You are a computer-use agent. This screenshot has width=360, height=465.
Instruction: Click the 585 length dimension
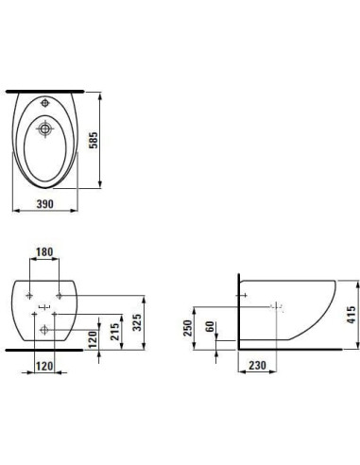[94, 140]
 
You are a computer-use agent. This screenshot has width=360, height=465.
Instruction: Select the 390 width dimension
[45, 204]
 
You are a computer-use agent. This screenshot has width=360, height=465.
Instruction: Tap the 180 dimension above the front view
[44, 252]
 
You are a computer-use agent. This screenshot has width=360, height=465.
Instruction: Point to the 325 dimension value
[137, 322]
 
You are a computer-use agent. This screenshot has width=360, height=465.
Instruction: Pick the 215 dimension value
[115, 332]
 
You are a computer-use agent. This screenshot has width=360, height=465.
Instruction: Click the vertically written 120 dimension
[93, 339]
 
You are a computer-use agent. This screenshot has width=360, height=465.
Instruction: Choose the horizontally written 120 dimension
[44, 366]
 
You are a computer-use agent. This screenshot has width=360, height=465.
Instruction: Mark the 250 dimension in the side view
[188, 328]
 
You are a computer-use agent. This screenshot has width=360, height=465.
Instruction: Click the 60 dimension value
[210, 326]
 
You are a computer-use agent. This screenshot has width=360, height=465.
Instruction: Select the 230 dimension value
[257, 366]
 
